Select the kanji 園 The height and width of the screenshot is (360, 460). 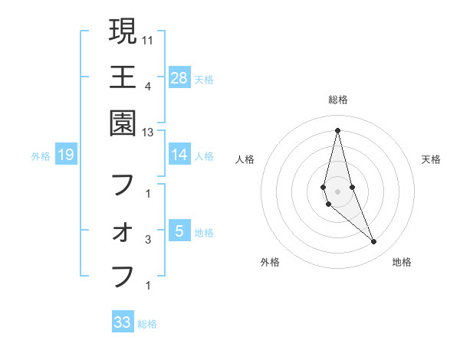123,123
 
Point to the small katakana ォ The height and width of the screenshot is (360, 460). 123,232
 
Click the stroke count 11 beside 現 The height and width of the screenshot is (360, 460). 149,39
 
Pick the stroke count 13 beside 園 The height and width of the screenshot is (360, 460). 149,132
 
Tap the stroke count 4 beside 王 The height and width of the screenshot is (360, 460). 147,86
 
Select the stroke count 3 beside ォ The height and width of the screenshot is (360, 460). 147,240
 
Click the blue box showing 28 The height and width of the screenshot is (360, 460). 179,77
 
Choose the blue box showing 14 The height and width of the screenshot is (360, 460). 179,154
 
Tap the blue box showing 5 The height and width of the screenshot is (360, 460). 179,231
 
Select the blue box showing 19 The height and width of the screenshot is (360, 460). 66,155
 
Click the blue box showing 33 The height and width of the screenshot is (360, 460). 123,322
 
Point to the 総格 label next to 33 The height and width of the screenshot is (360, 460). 147,324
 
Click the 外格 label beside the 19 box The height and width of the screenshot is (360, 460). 41,155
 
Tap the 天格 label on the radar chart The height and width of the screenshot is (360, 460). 432,159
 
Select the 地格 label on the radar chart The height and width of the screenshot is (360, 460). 402,262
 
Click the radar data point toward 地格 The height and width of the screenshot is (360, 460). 374,241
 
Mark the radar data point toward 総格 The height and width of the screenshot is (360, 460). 337,129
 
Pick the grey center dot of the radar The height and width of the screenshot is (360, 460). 337,190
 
